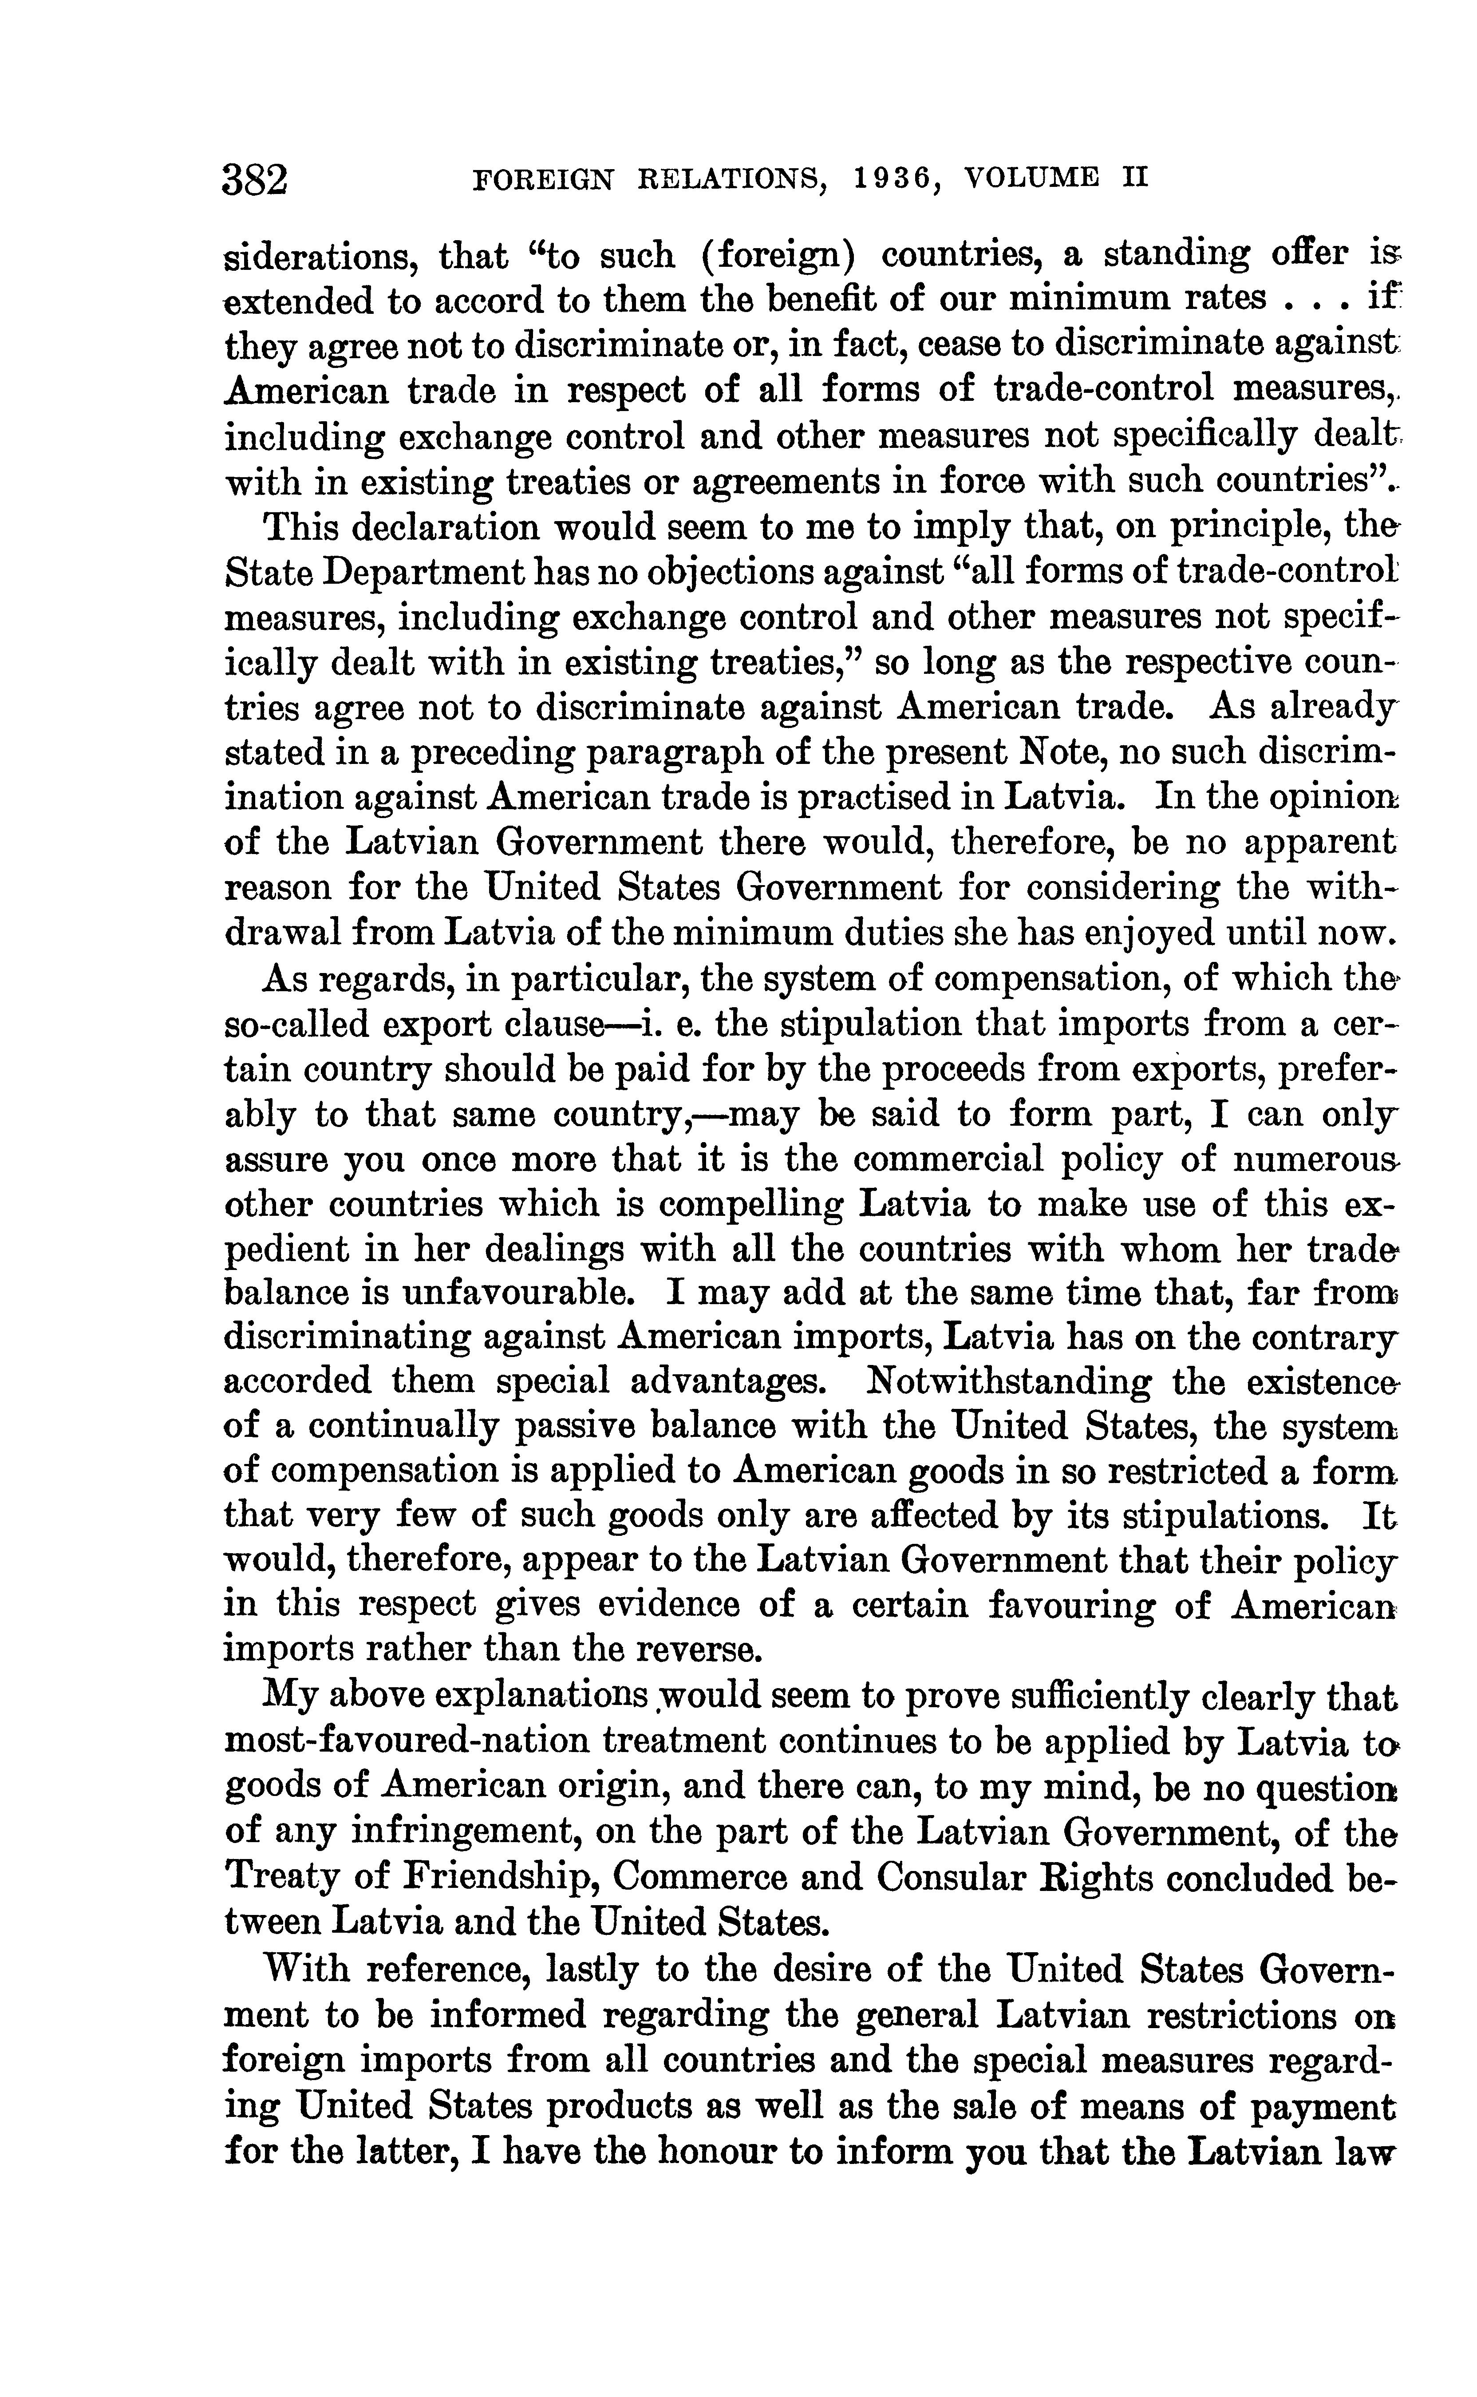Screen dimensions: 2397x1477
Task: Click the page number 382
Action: coord(256,180)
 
